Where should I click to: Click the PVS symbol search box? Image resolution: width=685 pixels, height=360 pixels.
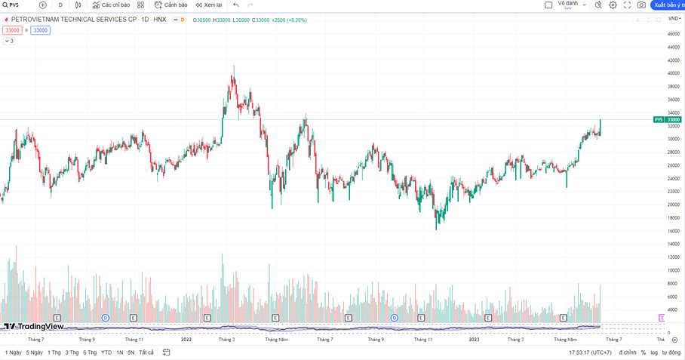(x=15, y=5)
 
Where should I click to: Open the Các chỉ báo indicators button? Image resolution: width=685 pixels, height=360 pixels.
(x=111, y=5)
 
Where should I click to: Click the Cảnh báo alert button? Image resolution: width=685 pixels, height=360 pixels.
(x=171, y=5)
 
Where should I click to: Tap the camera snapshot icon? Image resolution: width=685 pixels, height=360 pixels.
(x=641, y=5)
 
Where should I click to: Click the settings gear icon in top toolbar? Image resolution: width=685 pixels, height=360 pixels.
(x=613, y=5)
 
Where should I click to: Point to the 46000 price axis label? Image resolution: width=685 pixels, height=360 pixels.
(x=673, y=34)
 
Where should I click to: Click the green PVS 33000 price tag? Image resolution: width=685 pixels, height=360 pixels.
(x=668, y=119)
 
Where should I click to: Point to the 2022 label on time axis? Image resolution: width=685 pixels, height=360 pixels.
(x=186, y=340)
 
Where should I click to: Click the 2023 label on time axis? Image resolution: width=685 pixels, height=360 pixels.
(x=474, y=340)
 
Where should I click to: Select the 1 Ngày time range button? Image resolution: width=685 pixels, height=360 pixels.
(x=13, y=352)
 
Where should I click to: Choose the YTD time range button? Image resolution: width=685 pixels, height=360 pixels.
(x=106, y=352)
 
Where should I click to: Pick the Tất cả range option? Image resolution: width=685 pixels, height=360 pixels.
(x=146, y=352)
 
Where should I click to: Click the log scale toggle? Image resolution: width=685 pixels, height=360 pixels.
(x=653, y=352)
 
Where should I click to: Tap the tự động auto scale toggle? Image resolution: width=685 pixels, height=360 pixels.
(x=671, y=352)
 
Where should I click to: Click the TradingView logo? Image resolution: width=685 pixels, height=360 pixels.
(x=34, y=327)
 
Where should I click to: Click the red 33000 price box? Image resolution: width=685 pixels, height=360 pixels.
(x=12, y=30)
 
